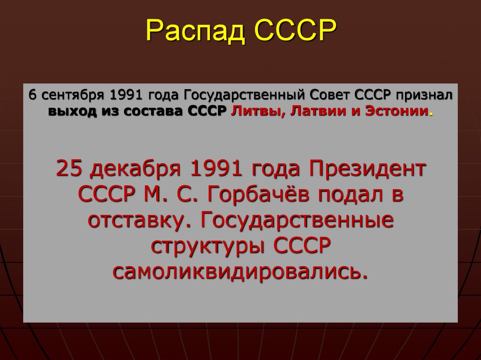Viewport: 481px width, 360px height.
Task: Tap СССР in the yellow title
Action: (296, 31)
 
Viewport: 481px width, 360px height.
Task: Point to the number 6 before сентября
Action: (32, 94)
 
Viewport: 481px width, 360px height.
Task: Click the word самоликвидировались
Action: (240, 272)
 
